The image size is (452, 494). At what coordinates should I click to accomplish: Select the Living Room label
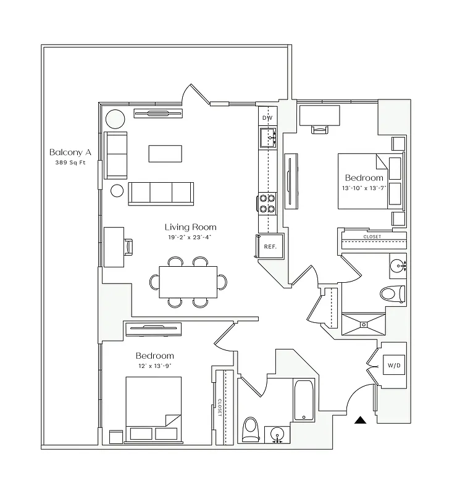coord(190,227)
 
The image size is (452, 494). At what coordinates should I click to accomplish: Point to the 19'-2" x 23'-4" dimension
coord(190,237)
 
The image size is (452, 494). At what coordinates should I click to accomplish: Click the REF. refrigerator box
coord(269,246)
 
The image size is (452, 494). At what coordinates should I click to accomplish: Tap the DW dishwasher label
coord(267,117)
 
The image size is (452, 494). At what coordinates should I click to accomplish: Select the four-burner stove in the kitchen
coord(267,203)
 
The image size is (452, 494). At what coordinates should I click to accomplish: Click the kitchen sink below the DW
coord(268,137)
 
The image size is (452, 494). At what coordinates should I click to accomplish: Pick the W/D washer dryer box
coord(393,365)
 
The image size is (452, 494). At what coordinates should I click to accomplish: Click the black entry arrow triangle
coord(360,421)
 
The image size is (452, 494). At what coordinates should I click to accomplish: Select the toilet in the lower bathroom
coord(251,429)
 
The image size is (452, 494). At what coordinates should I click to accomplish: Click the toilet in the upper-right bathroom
coord(391,293)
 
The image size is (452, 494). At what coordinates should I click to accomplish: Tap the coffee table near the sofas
coord(165,153)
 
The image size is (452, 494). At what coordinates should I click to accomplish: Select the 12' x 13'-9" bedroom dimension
coord(154,366)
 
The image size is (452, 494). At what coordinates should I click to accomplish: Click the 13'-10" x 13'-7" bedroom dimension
coord(364,188)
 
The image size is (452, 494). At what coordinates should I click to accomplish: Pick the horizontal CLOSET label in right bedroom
coord(372,237)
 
